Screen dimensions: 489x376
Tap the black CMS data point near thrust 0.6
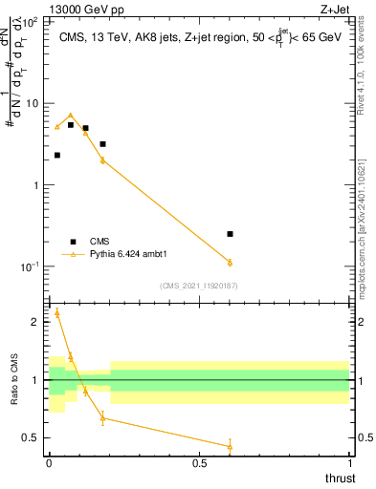pyautogui.click(x=230, y=234)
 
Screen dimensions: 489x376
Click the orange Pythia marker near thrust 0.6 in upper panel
pyautogui.click(x=230, y=262)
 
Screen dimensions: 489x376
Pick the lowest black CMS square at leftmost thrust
pyautogui.click(x=57, y=155)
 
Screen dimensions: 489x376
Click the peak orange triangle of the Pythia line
pyautogui.click(x=70, y=115)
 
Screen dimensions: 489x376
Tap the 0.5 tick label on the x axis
pyautogui.click(x=199, y=462)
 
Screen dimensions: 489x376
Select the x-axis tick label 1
pyautogui.click(x=349, y=462)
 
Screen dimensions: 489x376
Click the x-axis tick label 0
pyautogui.click(x=49, y=462)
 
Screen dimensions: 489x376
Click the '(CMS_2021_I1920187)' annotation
pyautogui.click(x=198, y=286)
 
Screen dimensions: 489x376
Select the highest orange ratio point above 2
pyautogui.click(x=57, y=312)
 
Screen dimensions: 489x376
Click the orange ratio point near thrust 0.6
pyautogui.click(x=230, y=446)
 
